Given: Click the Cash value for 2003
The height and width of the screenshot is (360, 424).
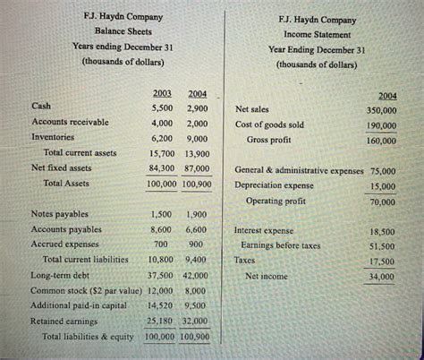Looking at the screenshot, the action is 161,107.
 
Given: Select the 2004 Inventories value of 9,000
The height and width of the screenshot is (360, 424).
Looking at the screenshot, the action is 197,139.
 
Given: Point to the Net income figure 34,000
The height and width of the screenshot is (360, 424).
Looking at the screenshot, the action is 383,278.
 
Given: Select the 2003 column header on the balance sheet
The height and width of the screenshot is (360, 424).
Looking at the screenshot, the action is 162,93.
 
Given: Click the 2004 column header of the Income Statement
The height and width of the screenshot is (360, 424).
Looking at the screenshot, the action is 387,95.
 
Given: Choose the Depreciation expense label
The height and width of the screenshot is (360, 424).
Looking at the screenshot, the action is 275,185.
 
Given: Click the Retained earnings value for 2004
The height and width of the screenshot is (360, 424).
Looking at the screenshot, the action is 197,321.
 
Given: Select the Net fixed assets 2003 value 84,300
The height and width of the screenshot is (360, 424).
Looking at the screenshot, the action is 162,167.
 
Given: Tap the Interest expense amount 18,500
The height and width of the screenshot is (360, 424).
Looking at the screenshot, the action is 382,230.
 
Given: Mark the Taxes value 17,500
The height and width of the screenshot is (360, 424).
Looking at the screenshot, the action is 382,261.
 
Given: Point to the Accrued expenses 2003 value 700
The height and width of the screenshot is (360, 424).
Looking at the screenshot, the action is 161,244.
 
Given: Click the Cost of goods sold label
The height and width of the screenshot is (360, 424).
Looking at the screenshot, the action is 269,124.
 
